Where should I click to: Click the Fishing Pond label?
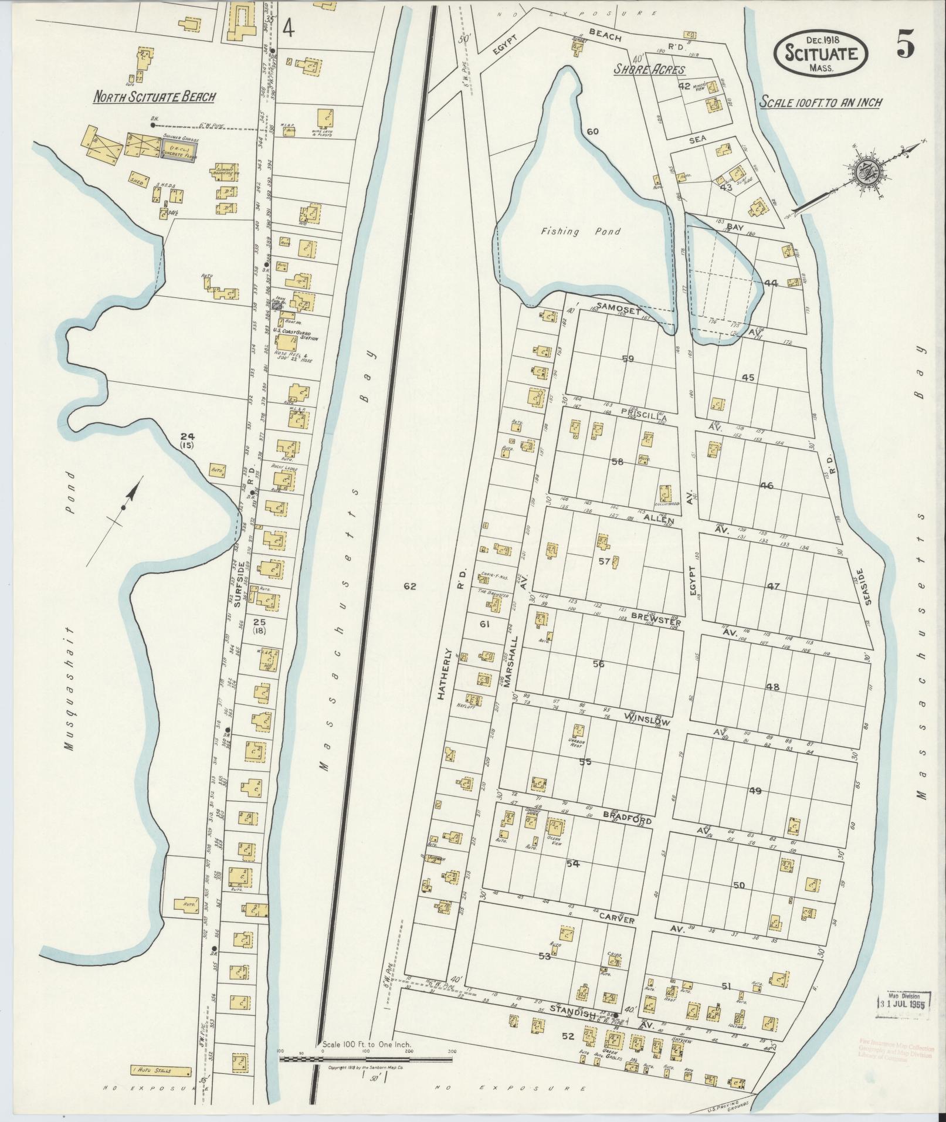[x=580, y=232]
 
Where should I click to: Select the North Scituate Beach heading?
[x=154, y=97]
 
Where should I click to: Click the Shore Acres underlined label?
[x=649, y=70]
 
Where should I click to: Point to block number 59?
[x=628, y=358]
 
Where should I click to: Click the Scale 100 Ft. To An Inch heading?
[x=821, y=102]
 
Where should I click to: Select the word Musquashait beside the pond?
[x=70, y=689]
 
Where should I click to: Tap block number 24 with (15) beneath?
[x=187, y=440]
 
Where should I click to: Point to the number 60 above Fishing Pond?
[x=592, y=131]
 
